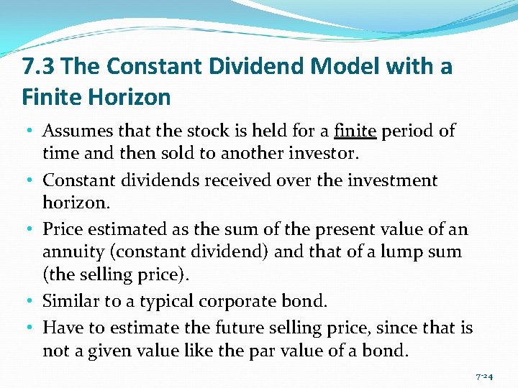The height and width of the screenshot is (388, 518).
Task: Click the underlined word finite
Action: (x=355, y=131)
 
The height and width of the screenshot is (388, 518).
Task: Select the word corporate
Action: (x=241, y=301)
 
